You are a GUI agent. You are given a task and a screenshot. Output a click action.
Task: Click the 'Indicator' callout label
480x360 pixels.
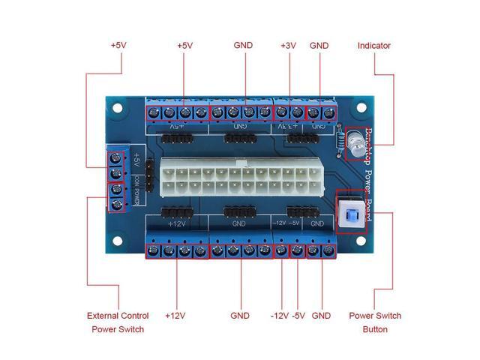373,46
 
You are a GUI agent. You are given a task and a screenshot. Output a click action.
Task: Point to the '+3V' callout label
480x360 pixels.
288,46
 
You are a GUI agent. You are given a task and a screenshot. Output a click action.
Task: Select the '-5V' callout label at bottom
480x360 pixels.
299,316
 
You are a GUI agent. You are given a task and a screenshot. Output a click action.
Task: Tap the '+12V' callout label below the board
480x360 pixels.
175,316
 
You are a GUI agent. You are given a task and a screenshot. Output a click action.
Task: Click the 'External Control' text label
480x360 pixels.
118,316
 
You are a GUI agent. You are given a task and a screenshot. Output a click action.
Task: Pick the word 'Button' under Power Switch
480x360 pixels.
375,329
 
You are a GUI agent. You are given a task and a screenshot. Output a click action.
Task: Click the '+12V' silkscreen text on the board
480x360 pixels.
177,223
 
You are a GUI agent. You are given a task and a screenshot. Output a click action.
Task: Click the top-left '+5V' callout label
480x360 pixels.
118,46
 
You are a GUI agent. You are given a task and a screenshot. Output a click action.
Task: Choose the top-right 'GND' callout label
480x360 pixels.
319,46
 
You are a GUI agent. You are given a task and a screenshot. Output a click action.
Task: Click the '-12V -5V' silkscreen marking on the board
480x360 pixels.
286,223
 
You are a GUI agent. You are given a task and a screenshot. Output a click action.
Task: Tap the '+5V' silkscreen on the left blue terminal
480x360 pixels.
136,160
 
